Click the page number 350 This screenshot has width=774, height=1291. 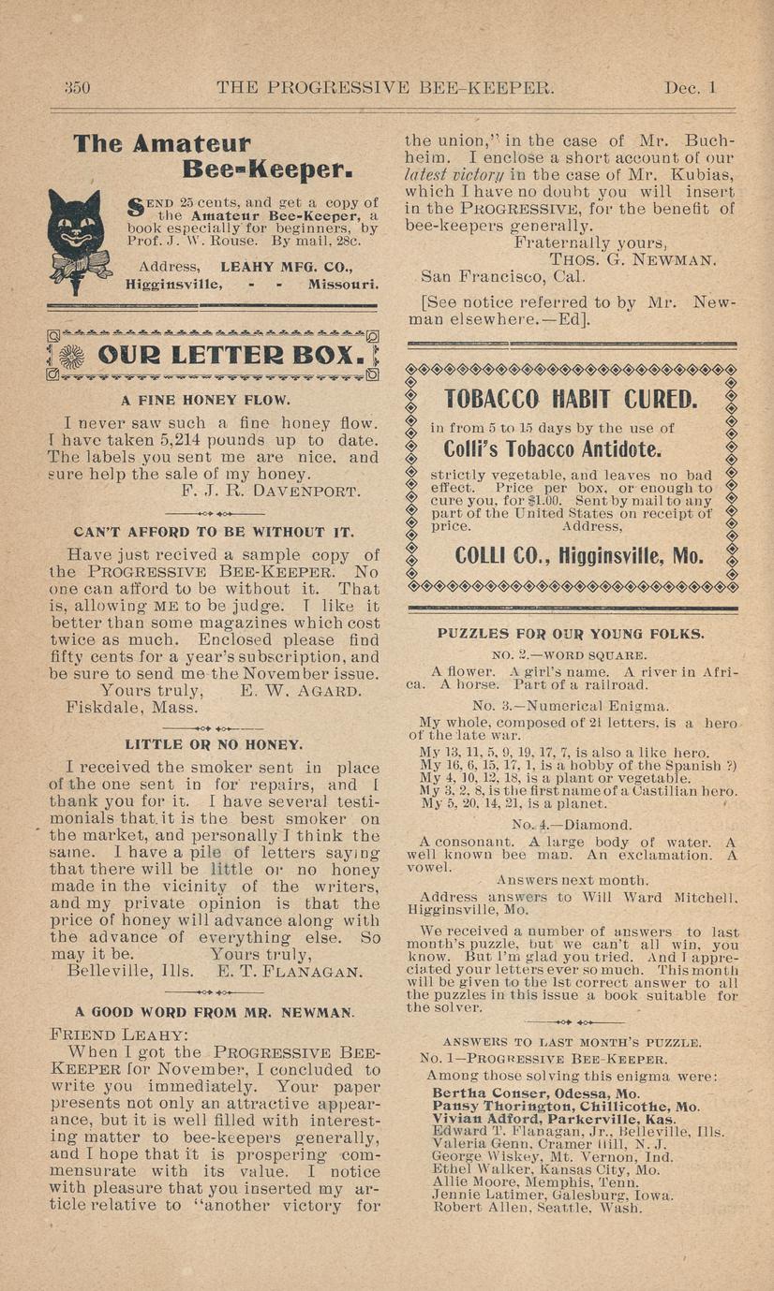[x=76, y=88]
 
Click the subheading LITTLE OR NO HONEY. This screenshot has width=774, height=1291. [x=214, y=745]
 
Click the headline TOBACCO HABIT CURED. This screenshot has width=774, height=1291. [x=571, y=400]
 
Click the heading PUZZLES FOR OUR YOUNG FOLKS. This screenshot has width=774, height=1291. [x=571, y=634]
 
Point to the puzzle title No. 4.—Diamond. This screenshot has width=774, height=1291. [x=572, y=826]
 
